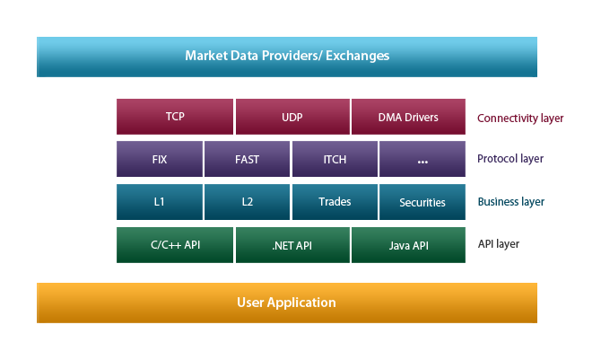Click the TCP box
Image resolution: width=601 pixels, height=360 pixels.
tap(175, 117)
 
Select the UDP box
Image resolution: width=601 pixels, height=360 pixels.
tap(292, 117)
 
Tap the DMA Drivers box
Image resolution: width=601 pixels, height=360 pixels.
tap(408, 117)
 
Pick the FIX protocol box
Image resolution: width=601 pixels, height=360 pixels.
tap(160, 159)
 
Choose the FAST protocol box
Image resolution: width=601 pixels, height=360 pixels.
tap(247, 159)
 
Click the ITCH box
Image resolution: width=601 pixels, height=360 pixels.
tap(335, 159)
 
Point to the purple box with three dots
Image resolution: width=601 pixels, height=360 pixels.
tap(422, 159)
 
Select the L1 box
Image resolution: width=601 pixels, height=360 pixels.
tap(160, 202)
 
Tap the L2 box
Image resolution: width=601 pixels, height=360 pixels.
tap(247, 202)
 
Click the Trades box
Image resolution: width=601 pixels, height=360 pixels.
tap(335, 202)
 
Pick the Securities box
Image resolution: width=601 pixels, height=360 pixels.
tap(422, 202)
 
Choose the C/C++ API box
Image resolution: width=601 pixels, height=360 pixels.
tap(175, 245)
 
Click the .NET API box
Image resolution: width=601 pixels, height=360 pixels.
tap(292, 245)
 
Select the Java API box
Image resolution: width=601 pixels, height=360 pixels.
tap(408, 245)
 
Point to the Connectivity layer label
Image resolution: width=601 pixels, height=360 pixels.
tap(520, 119)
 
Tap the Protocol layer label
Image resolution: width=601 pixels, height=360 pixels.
tap(510, 159)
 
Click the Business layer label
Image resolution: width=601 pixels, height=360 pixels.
tap(511, 202)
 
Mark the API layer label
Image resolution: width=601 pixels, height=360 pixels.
tap(498, 244)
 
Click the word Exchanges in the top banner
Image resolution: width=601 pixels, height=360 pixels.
tap(357, 56)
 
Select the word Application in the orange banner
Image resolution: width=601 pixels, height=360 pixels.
tap(301, 303)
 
